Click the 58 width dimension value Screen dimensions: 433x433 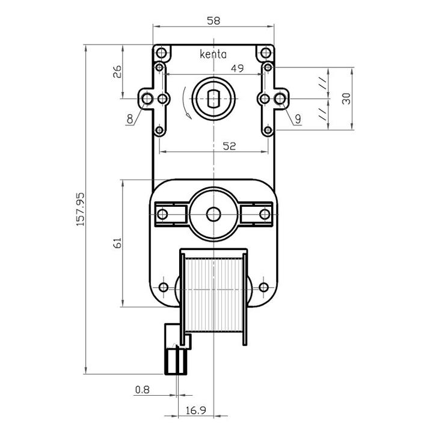click(x=213, y=20)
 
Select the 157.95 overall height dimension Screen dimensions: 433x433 click(x=80, y=209)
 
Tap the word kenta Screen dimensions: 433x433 click(x=213, y=54)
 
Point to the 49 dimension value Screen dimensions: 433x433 click(x=237, y=68)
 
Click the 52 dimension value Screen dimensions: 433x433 click(x=229, y=146)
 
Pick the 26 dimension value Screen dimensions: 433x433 click(x=117, y=72)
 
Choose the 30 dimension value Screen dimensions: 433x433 click(x=346, y=99)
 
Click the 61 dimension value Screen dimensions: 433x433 click(x=117, y=243)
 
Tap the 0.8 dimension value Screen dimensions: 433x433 click(x=143, y=390)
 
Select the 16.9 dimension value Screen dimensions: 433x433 click(x=196, y=411)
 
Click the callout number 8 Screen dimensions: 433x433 click(x=130, y=119)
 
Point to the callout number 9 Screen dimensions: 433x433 click(x=298, y=119)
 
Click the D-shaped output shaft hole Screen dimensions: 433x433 click(x=213, y=99)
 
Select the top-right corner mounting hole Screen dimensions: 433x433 click(x=266, y=52)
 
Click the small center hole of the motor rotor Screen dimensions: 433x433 click(x=213, y=214)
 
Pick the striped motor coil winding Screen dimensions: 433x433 click(x=213, y=294)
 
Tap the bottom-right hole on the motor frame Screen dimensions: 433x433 click(x=264, y=287)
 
